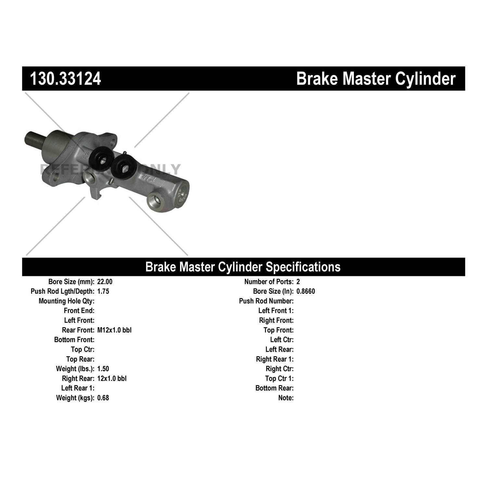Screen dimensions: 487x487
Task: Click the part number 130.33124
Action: (x=65, y=79)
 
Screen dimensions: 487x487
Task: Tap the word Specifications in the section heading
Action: (x=303, y=267)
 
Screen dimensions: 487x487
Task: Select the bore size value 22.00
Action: (x=105, y=282)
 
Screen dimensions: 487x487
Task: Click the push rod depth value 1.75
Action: (x=103, y=291)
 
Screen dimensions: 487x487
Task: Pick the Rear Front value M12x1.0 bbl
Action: (x=114, y=330)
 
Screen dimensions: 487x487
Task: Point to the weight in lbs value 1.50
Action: (x=103, y=369)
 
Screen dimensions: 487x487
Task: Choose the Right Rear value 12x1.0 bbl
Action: (x=112, y=379)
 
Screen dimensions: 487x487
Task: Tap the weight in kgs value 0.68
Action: (x=103, y=398)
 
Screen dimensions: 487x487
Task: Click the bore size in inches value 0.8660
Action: (x=306, y=291)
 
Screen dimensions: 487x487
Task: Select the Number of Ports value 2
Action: (x=298, y=282)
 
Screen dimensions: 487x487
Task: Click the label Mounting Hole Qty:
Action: (x=67, y=301)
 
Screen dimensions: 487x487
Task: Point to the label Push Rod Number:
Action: (x=266, y=301)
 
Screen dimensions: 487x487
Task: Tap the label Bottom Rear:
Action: (x=274, y=388)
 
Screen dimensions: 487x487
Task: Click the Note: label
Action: (x=286, y=398)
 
